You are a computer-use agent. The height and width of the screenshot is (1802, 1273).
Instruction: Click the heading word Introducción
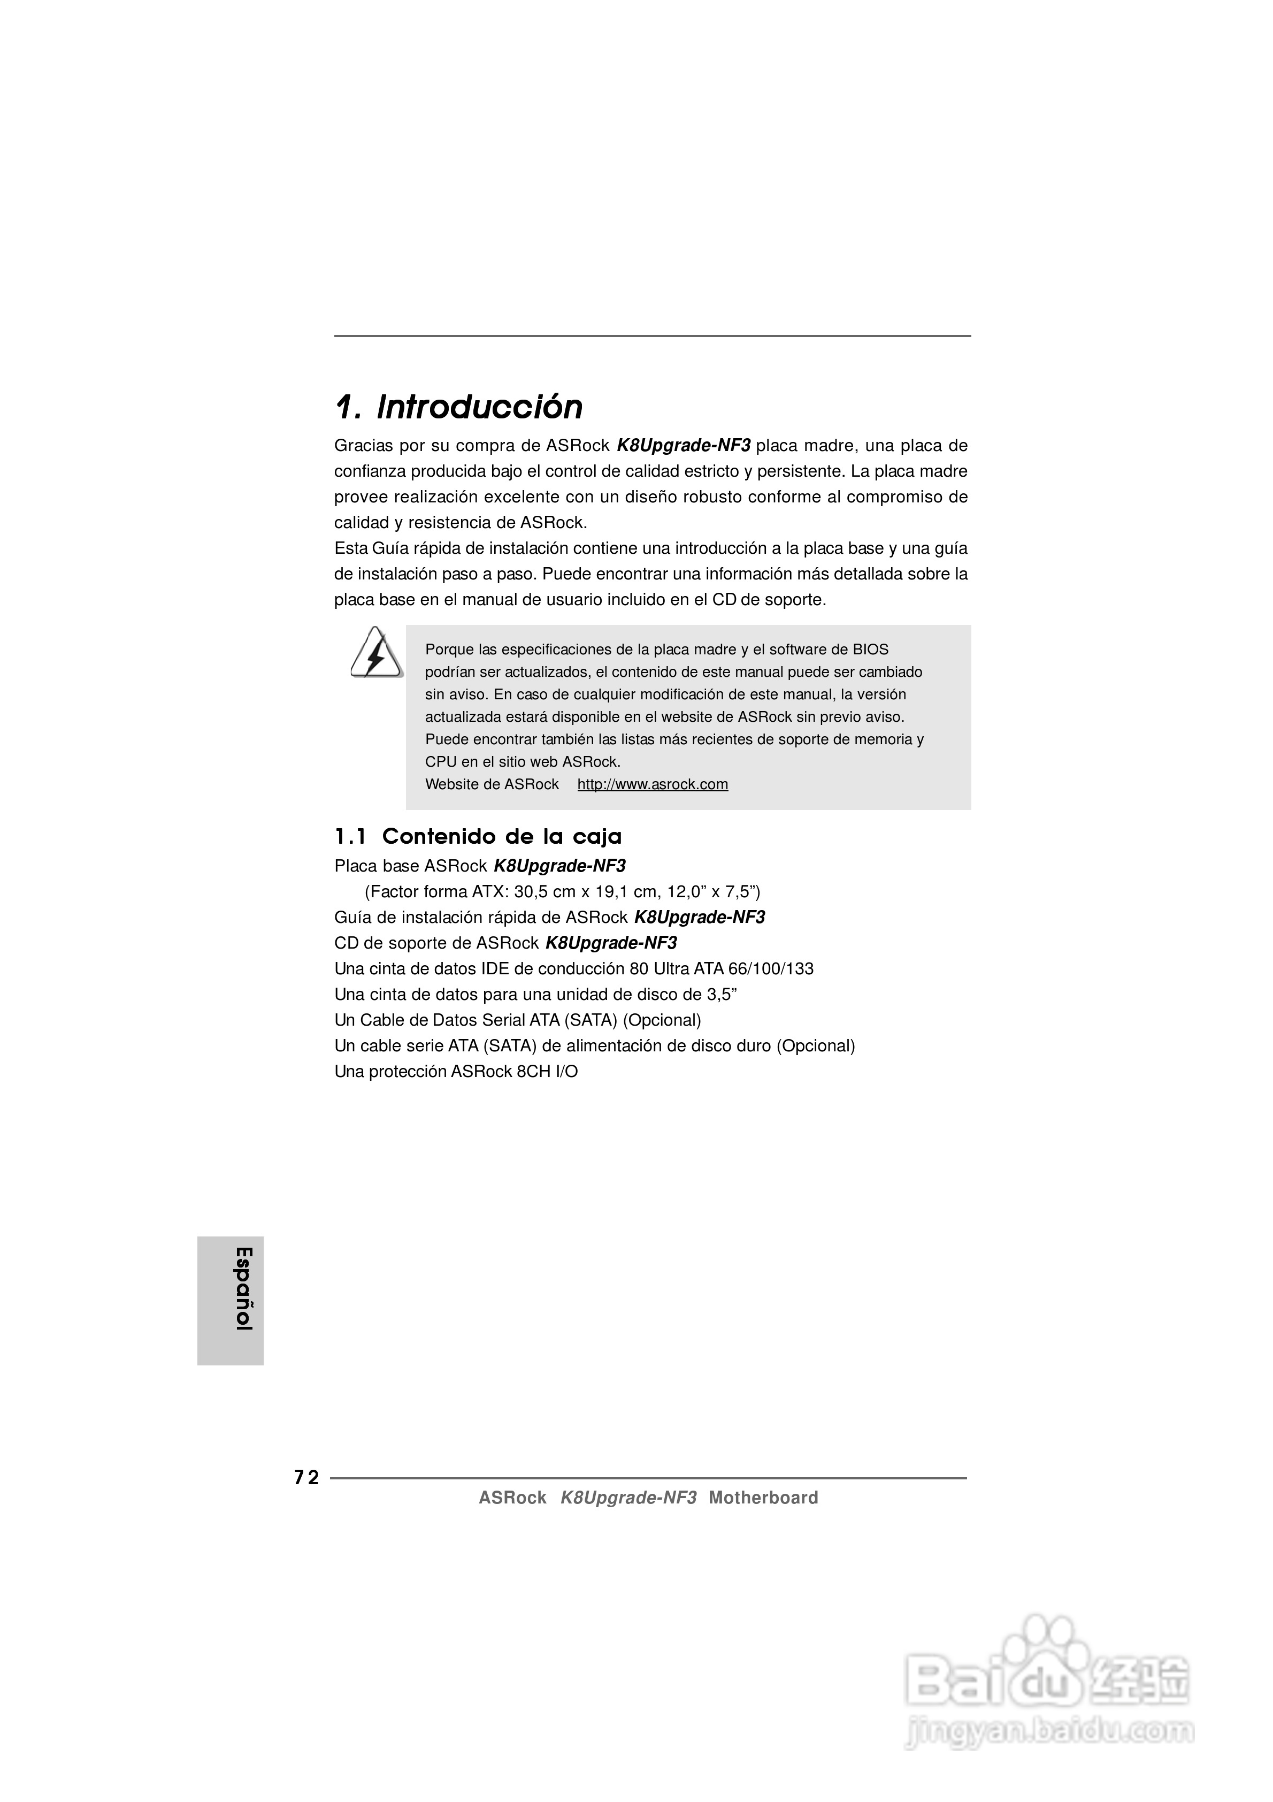pyautogui.click(x=480, y=407)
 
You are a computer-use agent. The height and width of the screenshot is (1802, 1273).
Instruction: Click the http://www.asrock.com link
pyautogui.click(x=652, y=784)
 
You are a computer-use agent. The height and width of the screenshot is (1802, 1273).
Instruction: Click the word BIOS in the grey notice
pyautogui.click(x=871, y=649)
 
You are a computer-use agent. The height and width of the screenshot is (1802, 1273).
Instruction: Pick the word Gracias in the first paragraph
pyautogui.click(x=363, y=446)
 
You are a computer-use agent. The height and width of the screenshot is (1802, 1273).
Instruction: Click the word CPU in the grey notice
pyautogui.click(x=440, y=761)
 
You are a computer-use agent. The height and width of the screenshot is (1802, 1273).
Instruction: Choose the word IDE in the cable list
pyautogui.click(x=496, y=968)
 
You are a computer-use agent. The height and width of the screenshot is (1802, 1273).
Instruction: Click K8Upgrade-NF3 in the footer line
pyautogui.click(x=628, y=1498)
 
